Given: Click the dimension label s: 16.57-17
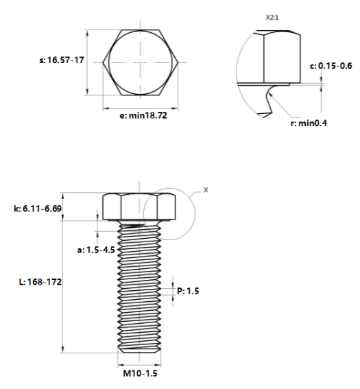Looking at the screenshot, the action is [62, 60].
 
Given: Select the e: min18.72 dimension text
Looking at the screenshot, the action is [143, 115].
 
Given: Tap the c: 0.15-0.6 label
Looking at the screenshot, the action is [331, 66].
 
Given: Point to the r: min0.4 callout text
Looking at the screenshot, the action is [309, 123].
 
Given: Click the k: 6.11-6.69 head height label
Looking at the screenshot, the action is [38, 209].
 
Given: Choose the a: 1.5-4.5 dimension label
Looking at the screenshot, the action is [96, 250].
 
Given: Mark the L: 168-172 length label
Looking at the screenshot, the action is [40, 282].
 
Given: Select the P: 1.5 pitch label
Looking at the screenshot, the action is [188, 291].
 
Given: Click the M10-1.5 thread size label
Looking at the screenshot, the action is [140, 373].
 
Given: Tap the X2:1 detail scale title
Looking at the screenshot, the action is [272, 18].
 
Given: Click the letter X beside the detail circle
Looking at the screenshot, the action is [206, 190].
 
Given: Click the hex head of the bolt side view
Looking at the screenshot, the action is [139, 207].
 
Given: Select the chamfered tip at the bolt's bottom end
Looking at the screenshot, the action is [139, 351].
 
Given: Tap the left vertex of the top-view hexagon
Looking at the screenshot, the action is [103, 62].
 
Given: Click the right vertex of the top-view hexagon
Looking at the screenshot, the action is [178, 62].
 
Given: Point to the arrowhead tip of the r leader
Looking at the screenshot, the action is [268, 92].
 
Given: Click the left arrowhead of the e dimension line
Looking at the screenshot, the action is [104, 108].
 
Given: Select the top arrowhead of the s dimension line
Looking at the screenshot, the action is [87, 30].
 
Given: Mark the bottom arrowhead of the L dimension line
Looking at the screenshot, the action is [62, 352].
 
